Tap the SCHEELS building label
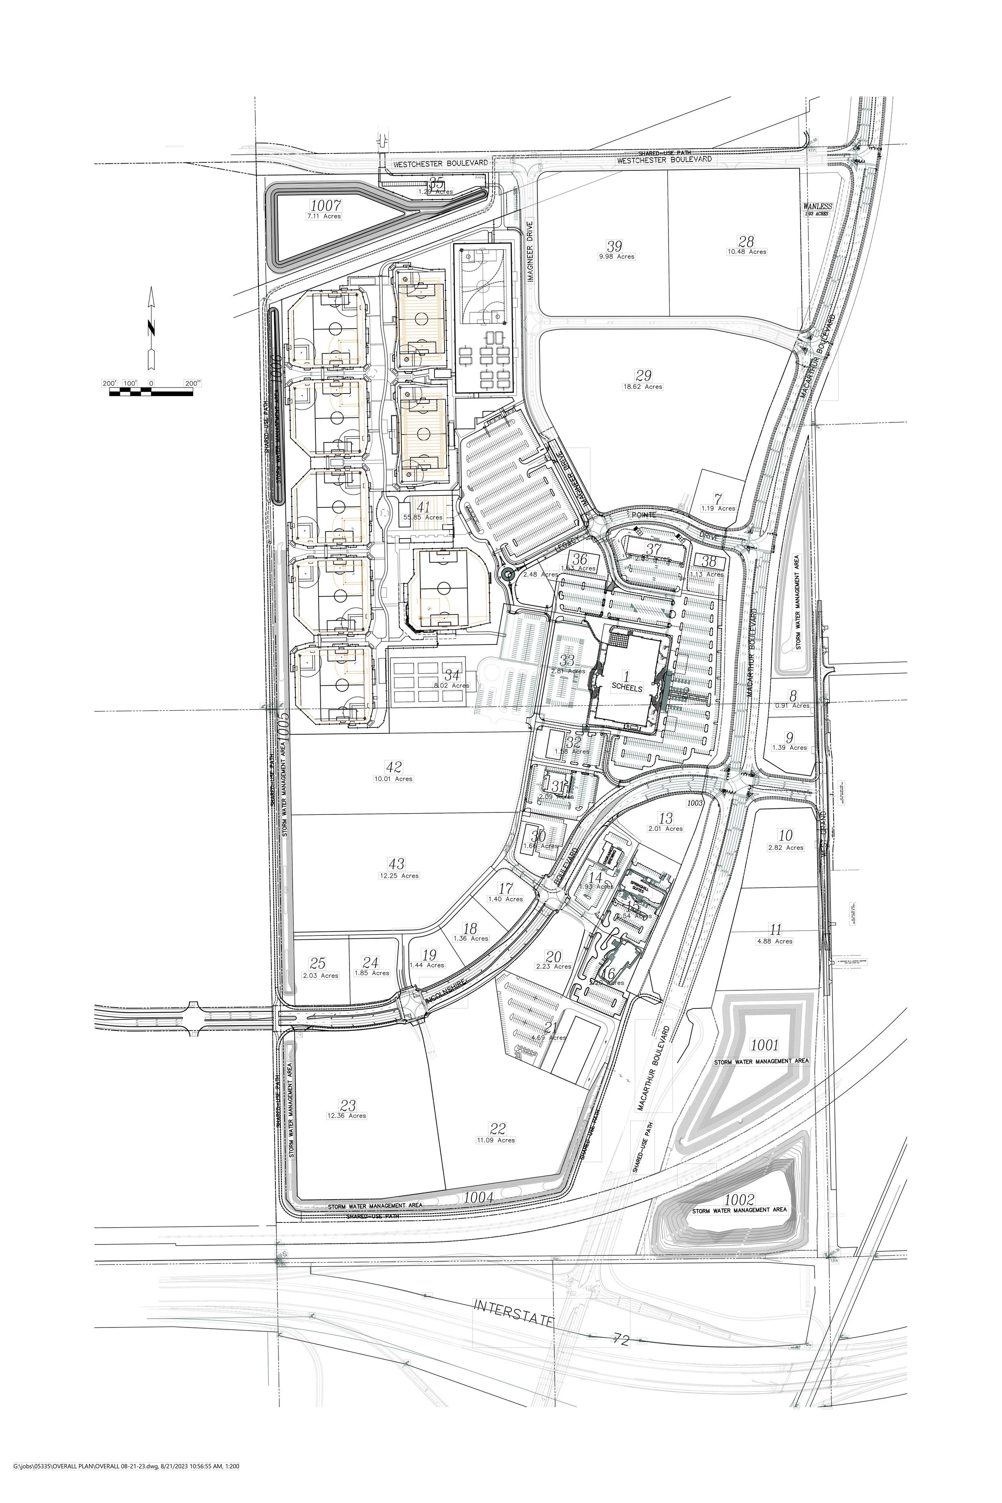626,688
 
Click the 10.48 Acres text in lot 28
746,252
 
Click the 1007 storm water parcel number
325,206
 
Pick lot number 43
396,865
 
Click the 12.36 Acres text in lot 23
346,1116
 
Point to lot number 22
497,1129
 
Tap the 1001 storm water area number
764,1045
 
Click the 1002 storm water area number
739,1200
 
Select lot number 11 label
775,930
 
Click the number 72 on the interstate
620,1340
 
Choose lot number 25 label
317,963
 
